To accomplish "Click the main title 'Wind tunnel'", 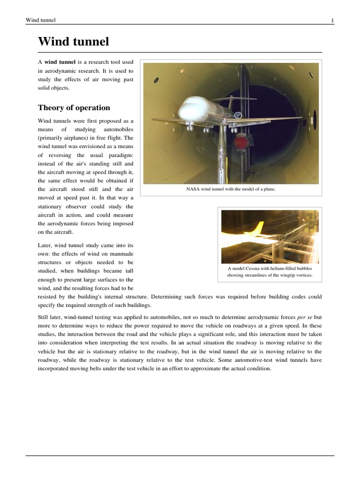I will [x=74, y=42].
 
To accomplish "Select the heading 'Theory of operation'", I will [x=74, y=107].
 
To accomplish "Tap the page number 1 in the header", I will [x=332, y=20].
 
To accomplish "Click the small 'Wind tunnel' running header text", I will [x=41, y=20].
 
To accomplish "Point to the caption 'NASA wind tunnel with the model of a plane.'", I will [x=231, y=189].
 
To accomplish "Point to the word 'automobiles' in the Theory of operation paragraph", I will [x=117, y=129].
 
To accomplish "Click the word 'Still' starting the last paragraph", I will [x=44, y=317].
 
